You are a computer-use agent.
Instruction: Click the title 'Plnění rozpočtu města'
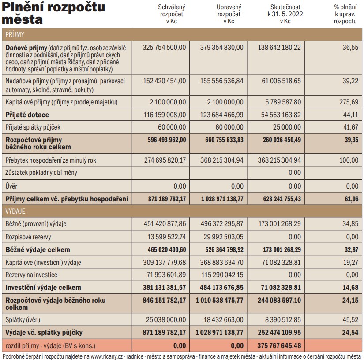(x=53, y=13)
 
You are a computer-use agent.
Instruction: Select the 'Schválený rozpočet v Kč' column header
(x=172, y=14)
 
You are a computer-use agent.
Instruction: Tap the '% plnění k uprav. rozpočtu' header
(x=345, y=14)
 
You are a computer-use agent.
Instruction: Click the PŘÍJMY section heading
(x=15, y=34)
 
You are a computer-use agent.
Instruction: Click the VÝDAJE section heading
(x=15, y=211)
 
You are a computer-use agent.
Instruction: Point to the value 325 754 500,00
(x=165, y=47)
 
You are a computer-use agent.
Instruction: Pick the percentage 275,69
(x=349, y=102)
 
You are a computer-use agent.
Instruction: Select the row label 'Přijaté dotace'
(x=27, y=115)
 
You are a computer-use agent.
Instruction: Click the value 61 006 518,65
(x=281, y=81)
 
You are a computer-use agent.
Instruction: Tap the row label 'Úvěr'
(x=11, y=186)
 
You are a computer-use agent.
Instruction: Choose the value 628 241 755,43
(x=282, y=199)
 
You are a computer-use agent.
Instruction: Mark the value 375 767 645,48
(x=279, y=345)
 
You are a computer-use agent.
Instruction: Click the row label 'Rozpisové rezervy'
(x=28, y=237)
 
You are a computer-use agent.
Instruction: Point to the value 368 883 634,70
(x=221, y=262)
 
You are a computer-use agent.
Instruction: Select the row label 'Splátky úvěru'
(x=23, y=319)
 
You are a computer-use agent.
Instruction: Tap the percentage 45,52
(x=350, y=319)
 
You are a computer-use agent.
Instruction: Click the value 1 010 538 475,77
(x=220, y=300)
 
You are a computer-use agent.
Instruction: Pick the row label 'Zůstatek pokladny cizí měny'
(x=41, y=172)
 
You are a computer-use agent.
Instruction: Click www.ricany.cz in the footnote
(x=107, y=356)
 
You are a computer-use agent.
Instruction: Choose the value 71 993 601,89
(x=166, y=275)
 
